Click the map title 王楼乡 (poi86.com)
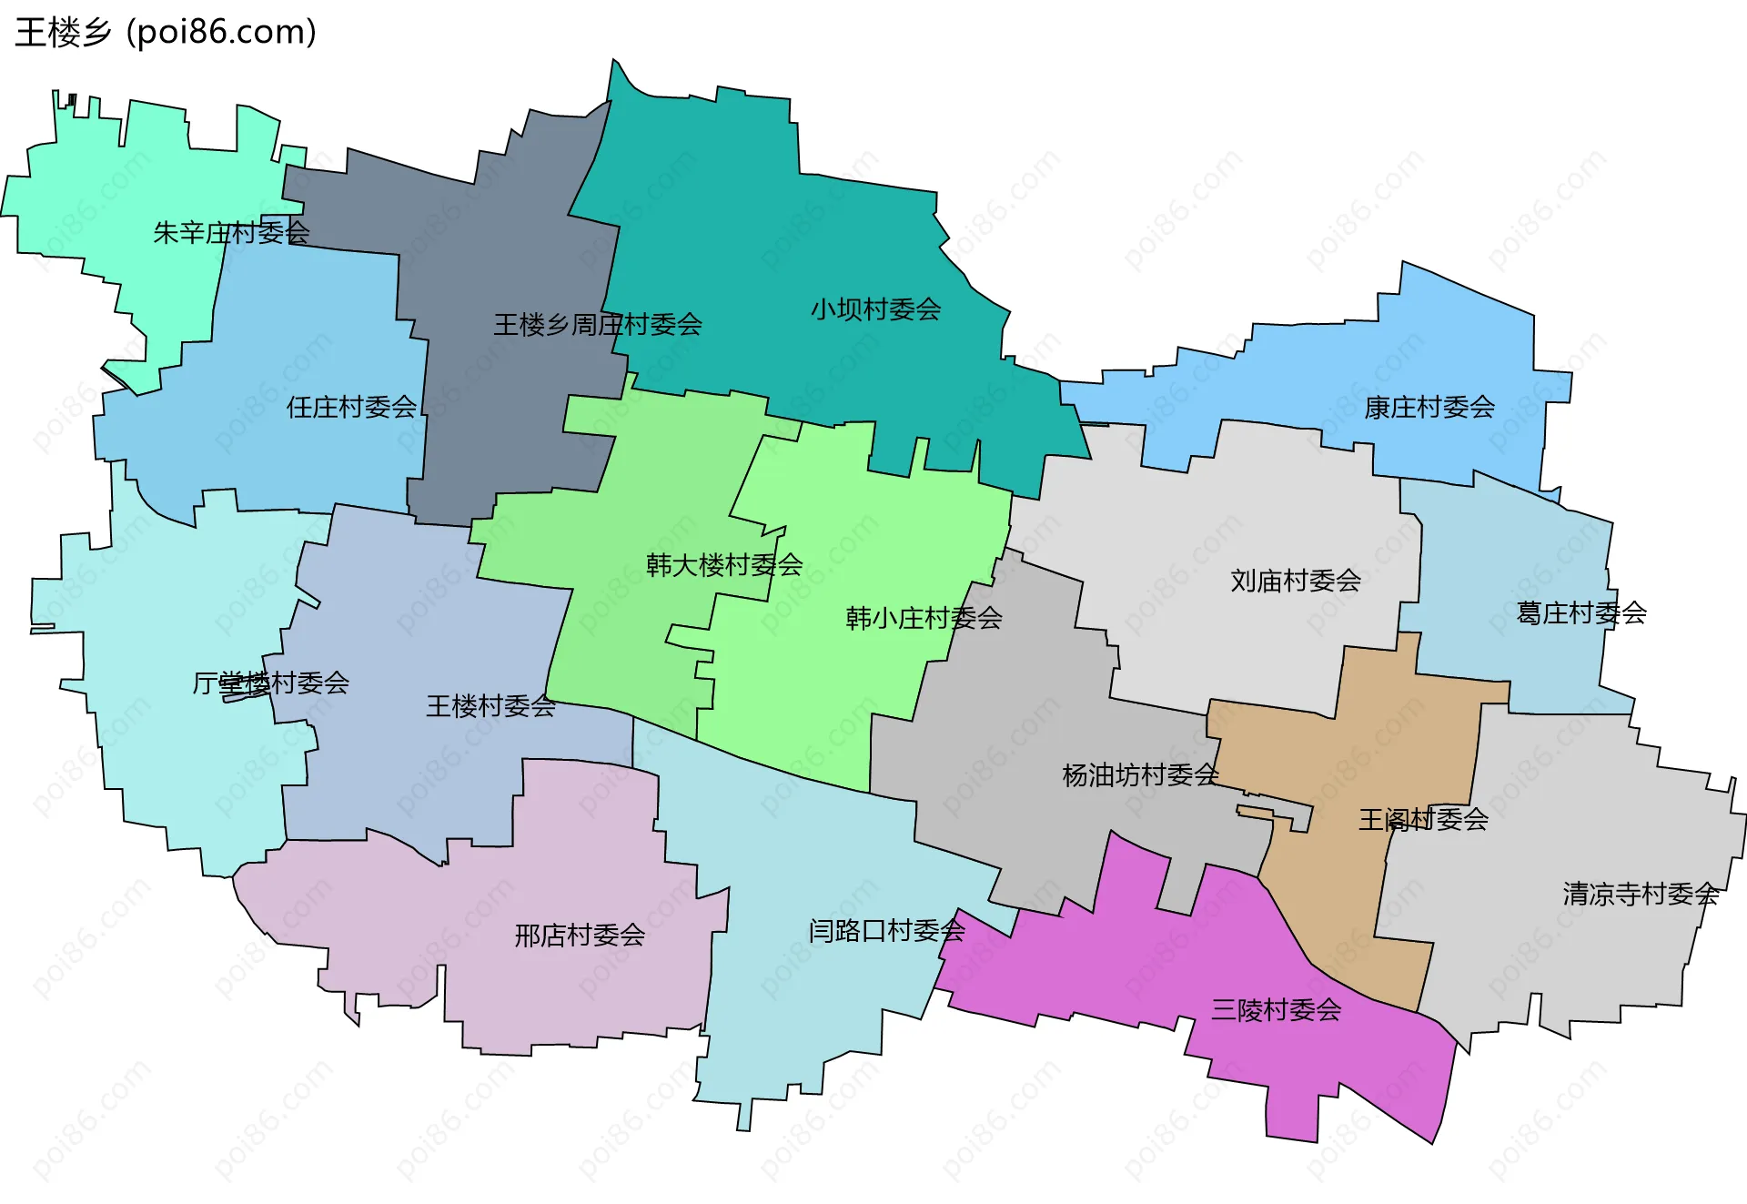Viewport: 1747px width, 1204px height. point(166,32)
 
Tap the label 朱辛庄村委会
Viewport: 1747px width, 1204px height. point(231,233)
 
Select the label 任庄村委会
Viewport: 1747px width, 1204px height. point(351,407)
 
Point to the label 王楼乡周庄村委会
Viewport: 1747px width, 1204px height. point(597,324)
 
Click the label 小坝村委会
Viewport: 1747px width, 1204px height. point(875,309)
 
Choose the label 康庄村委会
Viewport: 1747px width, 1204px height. point(1429,407)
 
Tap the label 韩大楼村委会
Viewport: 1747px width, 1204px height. point(724,565)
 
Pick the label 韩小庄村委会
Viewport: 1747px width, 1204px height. point(924,619)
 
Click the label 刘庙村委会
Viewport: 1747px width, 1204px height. point(1295,581)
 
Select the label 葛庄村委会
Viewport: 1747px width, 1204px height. point(1580,612)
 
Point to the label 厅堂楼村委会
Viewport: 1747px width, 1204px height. point(270,683)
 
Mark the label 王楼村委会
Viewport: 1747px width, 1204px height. point(490,705)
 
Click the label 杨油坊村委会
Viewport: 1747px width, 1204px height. point(1139,775)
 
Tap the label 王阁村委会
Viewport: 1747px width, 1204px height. point(1423,819)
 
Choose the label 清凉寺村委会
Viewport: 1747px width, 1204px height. point(1641,894)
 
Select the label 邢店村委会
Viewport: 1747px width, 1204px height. point(580,935)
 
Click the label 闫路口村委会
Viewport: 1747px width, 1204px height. point(886,930)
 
